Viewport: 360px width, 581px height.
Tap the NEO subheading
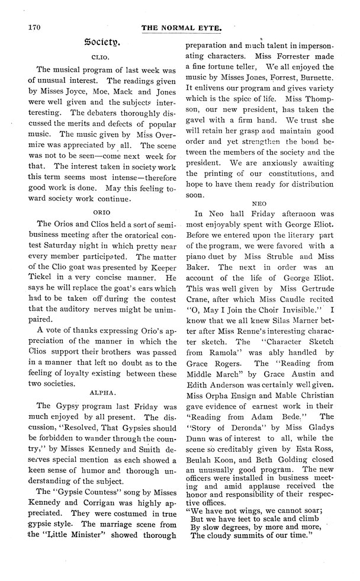pos(260,203)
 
